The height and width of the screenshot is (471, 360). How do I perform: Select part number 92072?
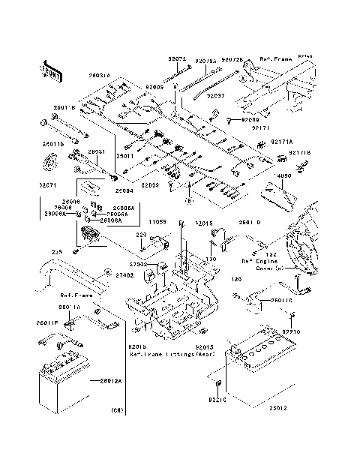[x=176, y=58]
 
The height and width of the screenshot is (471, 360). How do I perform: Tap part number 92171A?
[x=260, y=141]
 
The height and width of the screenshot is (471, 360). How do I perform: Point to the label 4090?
[x=284, y=177]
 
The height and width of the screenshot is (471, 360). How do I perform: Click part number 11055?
[x=156, y=223]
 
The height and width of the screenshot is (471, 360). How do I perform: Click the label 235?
[x=55, y=253]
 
